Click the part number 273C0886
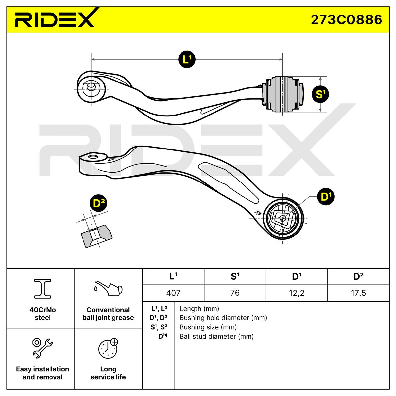pyautogui.click(x=346, y=19)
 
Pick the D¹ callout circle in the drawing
pyautogui.click(x=326, y=197)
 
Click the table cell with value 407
pyautogui.click(x=173, y=293)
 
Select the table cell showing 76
pyautogui.click(x=235, y=293)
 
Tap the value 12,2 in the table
pyautogui.click(x=296, y=293)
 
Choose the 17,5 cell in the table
pyautogui.click(x=358, y=293)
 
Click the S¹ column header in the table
pyautogui.click(x=235, y=276)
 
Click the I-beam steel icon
pyautogui.click(x=43, y=288)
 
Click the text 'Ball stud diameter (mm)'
pyautogui.click(x=216, y=336)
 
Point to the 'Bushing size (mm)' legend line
pyautogui.click(x=208, y=327)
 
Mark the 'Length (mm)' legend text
pyautogui.click(x=199, y=309)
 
